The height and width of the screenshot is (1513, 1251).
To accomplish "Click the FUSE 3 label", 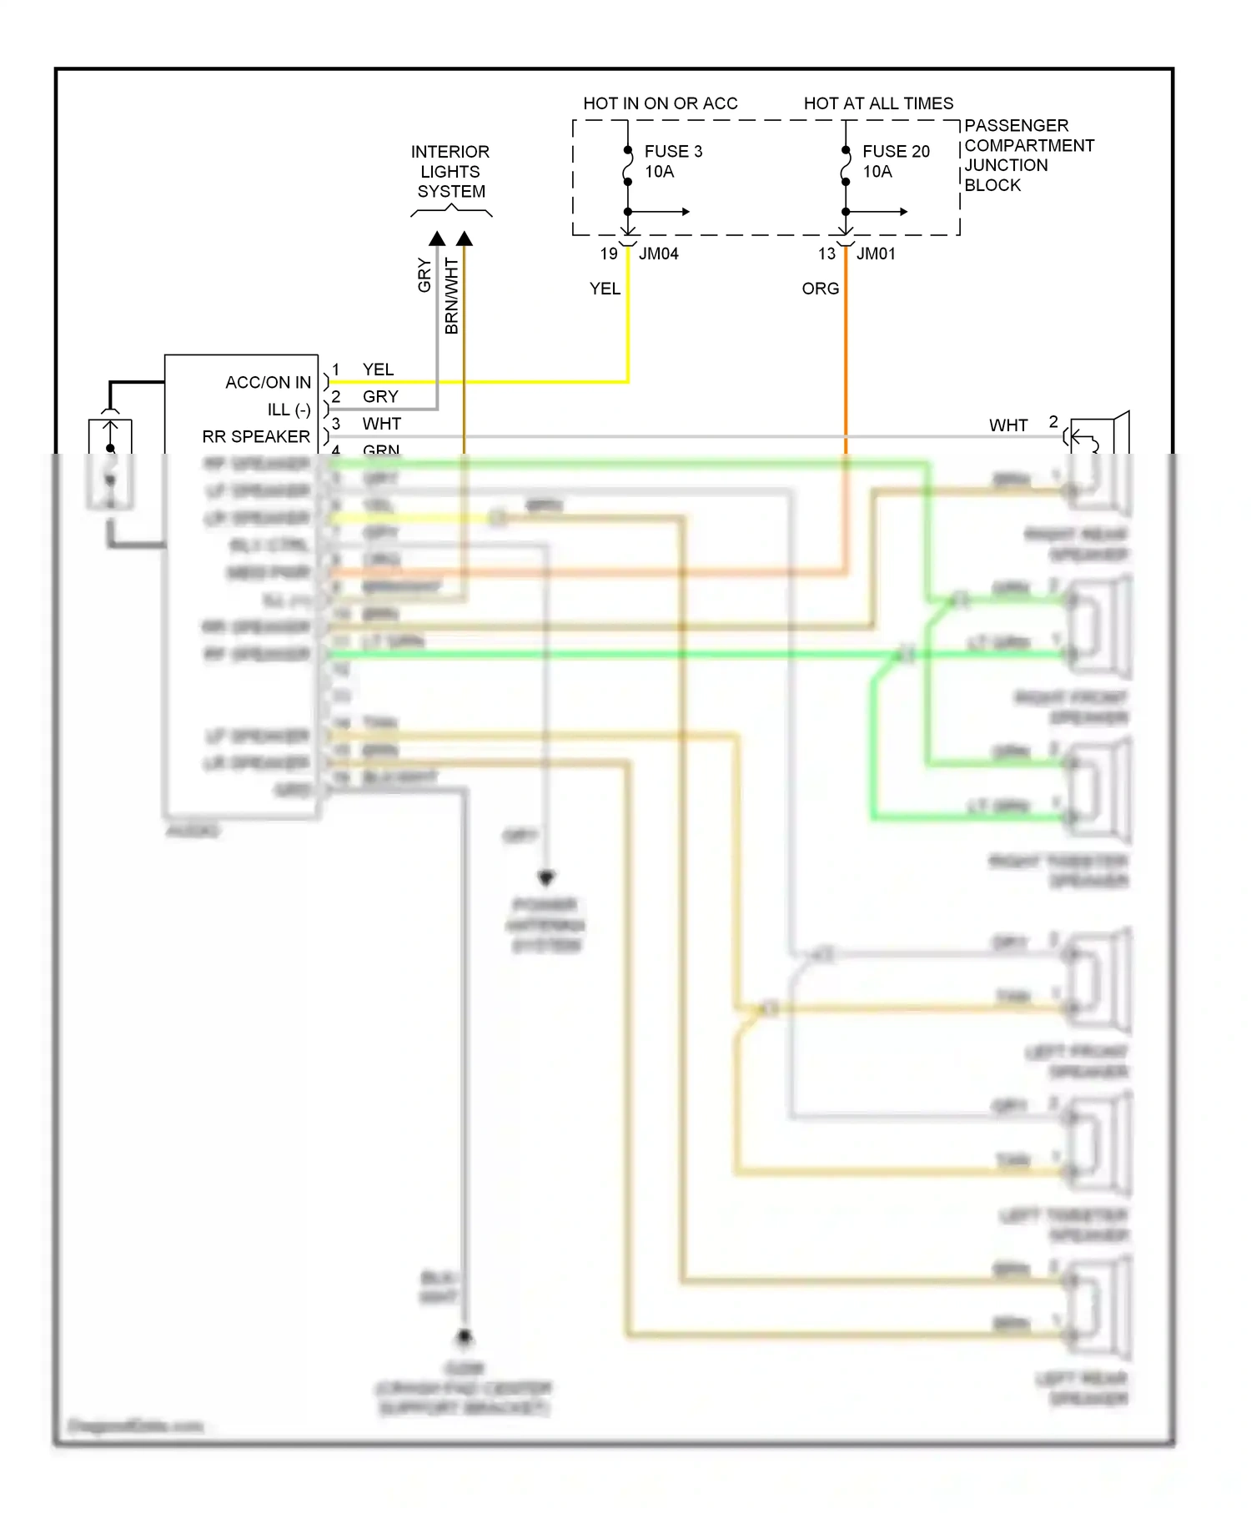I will click(x=673, y=151).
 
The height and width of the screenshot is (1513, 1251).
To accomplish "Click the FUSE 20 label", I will click(x=896, y=151).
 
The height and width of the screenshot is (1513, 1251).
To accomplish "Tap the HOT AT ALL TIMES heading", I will click(x=878, y=103).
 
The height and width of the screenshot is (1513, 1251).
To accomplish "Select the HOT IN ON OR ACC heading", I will click(x=660, y=103).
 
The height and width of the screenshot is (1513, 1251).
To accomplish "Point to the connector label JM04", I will click(x=658, y=254).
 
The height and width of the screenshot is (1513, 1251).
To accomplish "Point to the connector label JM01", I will click(x=876, y=254).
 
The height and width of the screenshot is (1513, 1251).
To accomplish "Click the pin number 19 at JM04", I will click(x=609, y=254).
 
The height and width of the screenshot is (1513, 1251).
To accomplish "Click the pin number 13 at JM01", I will click(x=826, y=254).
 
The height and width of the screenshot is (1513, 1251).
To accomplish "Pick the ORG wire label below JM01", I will click(x=820, y=289).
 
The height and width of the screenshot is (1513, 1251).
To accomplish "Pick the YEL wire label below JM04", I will click(x=605, y=289).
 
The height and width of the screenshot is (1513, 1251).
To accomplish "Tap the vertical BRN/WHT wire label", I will click(x=452, y=296).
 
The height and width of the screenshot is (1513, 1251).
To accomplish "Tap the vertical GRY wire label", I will click(x=425, y=275).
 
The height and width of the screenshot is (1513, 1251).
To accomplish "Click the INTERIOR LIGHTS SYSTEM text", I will click(x=450, y=172).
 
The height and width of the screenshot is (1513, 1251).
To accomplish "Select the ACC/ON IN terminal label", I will click(x=268, y=383).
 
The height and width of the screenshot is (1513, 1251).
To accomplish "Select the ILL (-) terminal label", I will click(x=289, y=410).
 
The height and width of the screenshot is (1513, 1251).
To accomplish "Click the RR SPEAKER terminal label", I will click(x=256, y=437).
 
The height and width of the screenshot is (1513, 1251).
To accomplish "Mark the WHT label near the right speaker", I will click(x=1008, y=425).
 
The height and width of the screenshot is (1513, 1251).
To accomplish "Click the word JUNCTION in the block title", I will click(x=1006, y=165).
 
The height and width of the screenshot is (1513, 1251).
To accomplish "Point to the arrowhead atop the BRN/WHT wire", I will click(x=465, y=239).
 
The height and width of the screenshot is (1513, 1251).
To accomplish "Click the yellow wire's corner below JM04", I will click(x=627, y=382).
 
